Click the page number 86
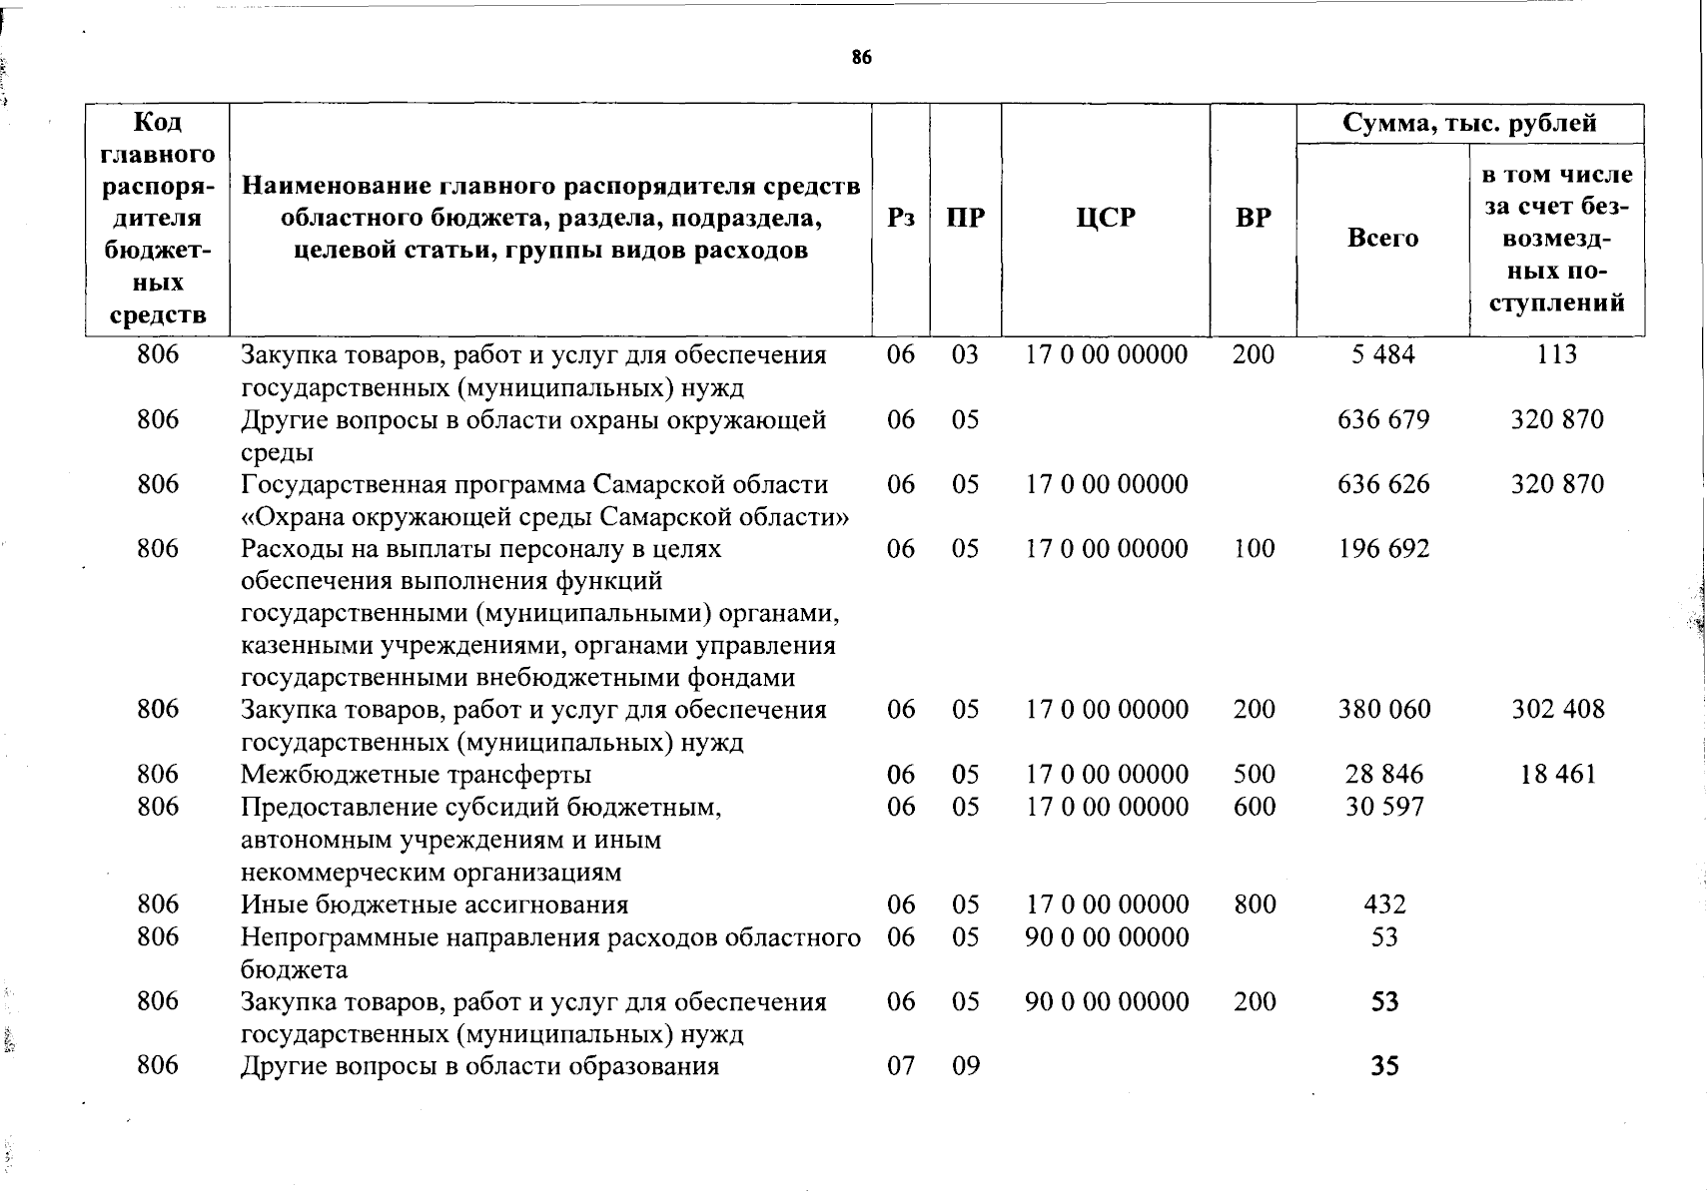(862, 58)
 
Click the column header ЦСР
(1106, 218)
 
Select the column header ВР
(1253, 218)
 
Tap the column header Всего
(1382, 238)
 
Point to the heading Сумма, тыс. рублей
(1469, 123)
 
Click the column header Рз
(900, 218)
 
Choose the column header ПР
(965, 218)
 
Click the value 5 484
(1383, 354)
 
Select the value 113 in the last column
(1556, 354)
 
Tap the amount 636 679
(1383, 419)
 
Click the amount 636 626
(1383, 484)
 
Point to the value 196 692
(1383, 549)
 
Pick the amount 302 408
(1557, 710)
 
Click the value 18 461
(1557, 775)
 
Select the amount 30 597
(1383, 807)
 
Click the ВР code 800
(1255, 904)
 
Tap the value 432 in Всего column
(1384, 904)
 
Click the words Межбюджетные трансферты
(416, 775)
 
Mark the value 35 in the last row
(1384, 1066)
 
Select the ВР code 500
(1255, 775)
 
